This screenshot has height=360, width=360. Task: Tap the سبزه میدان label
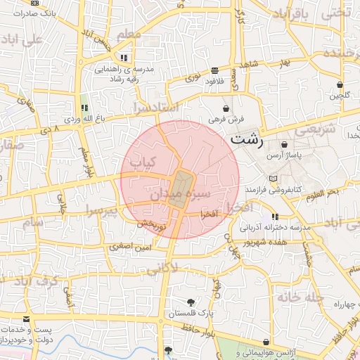[x=205, y=192]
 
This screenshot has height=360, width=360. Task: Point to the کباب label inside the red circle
[x=143, y=162]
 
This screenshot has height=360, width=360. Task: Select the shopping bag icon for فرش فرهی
[x=226, y=108]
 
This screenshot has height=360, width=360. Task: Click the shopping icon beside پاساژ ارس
[x=284, y=144]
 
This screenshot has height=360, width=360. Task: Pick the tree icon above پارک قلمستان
[x=191, y=302]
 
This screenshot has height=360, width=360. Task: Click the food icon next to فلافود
[x=214, y=70]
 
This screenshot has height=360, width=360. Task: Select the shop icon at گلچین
[x=345, y=84]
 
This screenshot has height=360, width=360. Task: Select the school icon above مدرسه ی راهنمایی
[x=124, y=58]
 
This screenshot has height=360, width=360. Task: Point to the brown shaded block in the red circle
[x=183, y=188]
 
